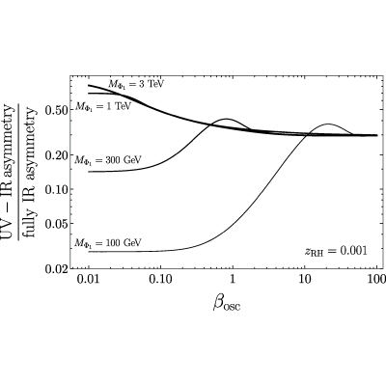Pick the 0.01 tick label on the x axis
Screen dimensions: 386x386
(89, 279)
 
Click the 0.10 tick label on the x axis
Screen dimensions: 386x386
(160, 279)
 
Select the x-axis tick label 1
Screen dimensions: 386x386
(233, 279)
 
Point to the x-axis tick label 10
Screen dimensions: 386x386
(305, 279)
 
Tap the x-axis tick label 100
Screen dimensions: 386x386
(376, 279)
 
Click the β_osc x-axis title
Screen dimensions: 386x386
(227, 303)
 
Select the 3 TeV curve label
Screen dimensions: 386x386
(136, 85)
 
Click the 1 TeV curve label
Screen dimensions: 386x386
(103, 106)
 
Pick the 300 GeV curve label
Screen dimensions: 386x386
(108, 160)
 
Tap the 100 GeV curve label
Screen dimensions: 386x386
(108, 242)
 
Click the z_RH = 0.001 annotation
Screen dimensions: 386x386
(336, 251)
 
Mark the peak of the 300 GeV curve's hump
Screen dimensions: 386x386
(227, 119)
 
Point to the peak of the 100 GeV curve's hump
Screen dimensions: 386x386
(329, 124)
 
